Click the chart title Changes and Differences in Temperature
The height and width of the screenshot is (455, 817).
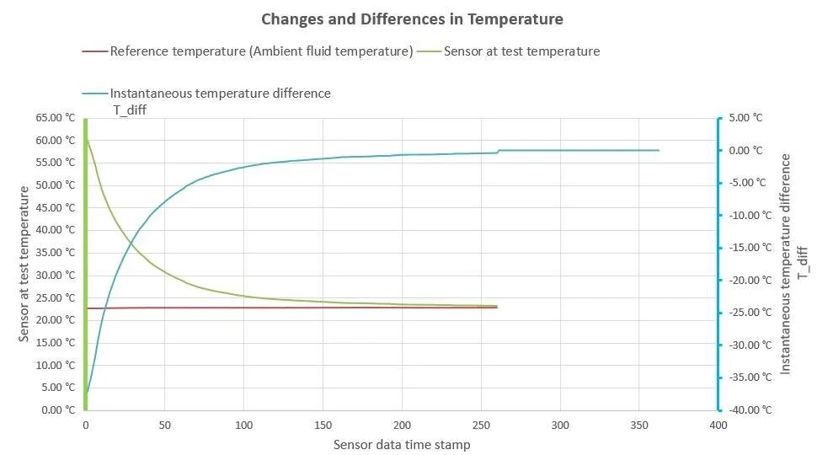click(x=412, y=19)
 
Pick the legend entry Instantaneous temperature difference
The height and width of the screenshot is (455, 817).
click(x=221, y=94)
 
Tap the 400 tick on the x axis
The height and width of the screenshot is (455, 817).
click(x=718, y=425)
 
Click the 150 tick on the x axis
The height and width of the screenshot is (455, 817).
click(x=323, y=425)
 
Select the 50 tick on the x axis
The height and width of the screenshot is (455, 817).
click(x=164, y=425)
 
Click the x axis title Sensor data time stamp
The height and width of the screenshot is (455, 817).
click(x=402, y=444)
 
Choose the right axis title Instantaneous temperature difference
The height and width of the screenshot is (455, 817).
click(x=787, y=264)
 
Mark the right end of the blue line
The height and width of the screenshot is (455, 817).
click(x=659, y=150)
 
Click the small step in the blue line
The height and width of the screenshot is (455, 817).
click(x=498, y=152)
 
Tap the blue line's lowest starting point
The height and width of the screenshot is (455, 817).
click(x=87, y=393)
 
